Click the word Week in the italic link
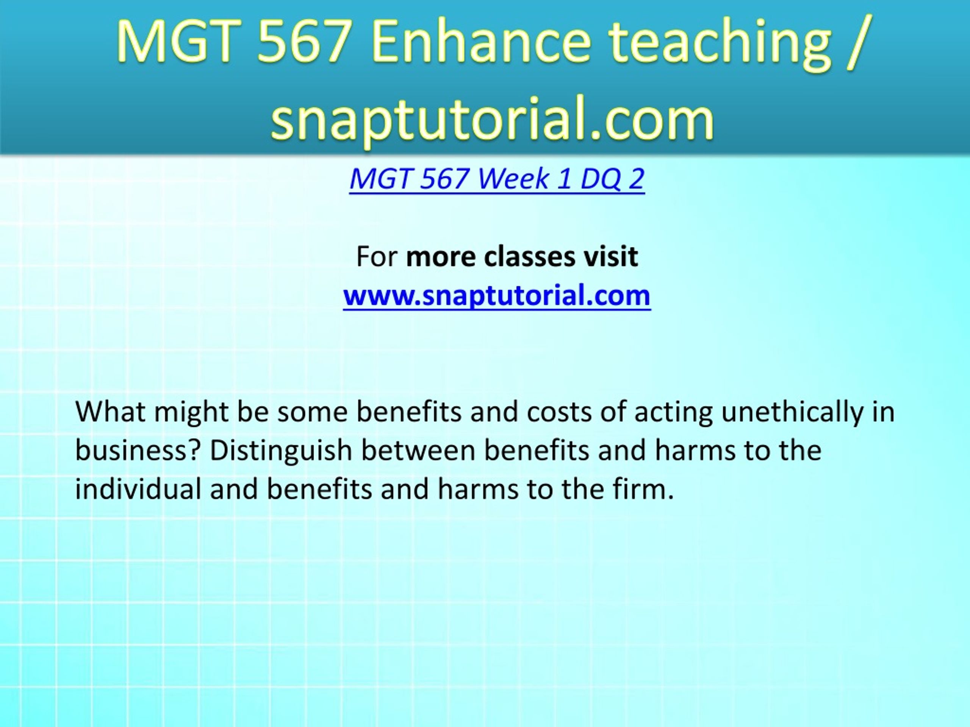(x=513, y=179)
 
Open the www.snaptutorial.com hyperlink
(x=497, y=295)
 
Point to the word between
(x=418, y=451)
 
